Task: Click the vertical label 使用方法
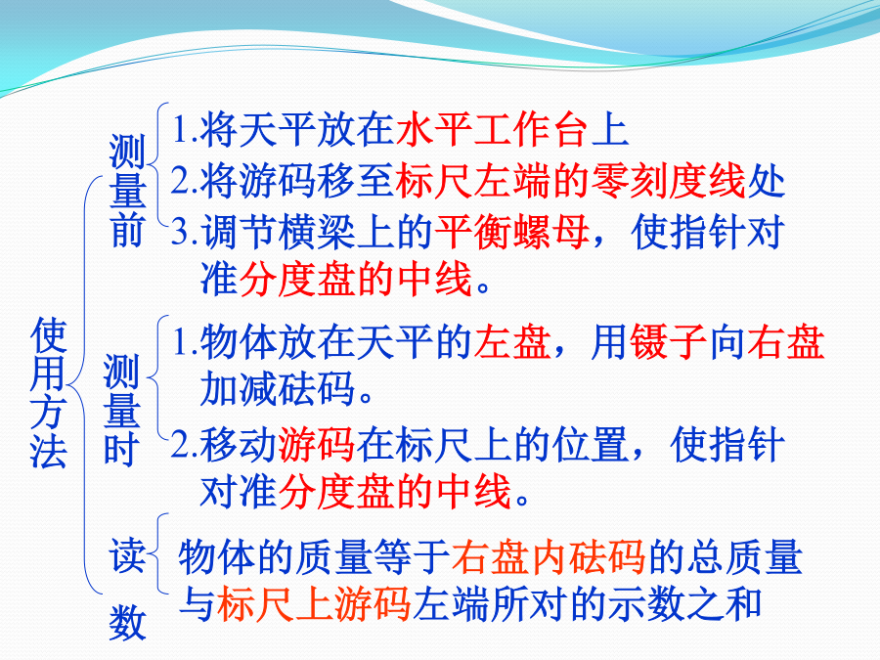pyautogui.click(x=48, y=393)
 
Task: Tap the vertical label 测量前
pyautogui.click(x=127, y=191)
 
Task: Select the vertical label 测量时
pyautogui.click(x=121, y=411)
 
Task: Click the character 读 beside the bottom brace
pyautogui.click(x=127, y=555)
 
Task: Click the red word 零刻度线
pyautogui.click(x=669, y=181)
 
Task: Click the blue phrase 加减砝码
pyautogui.click(x=278, y=388)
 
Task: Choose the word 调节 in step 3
pyautogui.click(x=240, y=231)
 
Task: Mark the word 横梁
pyautogui.click(x=317, y=231)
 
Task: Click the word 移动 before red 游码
pyautogui.click(x=240, y=445)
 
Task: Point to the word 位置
pyautogui.click(x=591, y=445)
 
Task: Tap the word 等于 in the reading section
pyautogui.click(x=412, y=557)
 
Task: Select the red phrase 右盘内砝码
pyautogui.click(x=549, y=557)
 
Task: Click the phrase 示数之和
pyautogui.click(x=685, y=604)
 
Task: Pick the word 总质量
pyautogui.click(x=745, y=557)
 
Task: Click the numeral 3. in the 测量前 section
pyautogui.click(x=184, y=232)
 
